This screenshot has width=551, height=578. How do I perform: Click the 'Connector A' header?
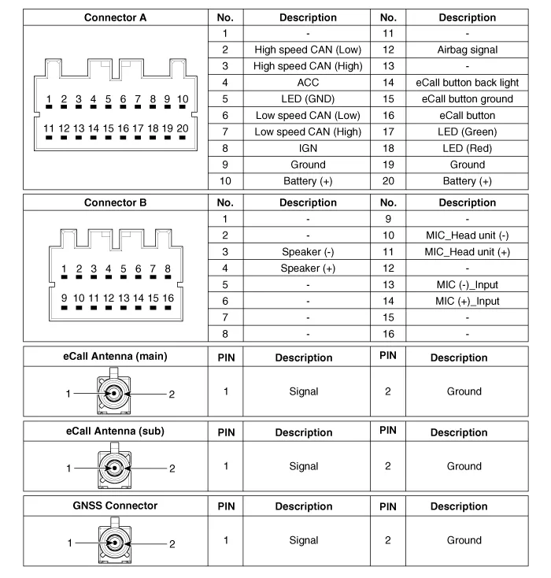tap(115, 17)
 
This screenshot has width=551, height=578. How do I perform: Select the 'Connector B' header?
tap(115, 202)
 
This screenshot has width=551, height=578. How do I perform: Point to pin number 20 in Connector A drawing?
tap(183, 128)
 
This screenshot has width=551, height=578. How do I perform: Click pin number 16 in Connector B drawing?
tap(167, 298)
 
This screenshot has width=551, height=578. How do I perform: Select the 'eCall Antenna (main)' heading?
tap(115, 356)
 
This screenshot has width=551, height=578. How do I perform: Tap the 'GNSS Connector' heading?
tap(115, 506)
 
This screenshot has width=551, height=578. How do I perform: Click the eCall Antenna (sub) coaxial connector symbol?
tap(114, 466)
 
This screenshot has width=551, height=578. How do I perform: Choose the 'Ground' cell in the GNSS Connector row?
tap(464, 541)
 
